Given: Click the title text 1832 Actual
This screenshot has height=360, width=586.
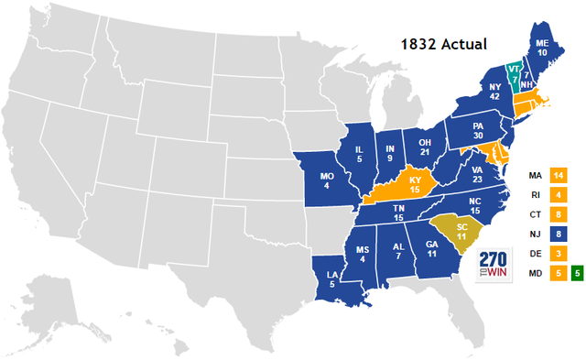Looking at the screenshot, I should [x=443, y=43].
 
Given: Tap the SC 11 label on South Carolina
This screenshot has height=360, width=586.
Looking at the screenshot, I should [x=463, y=231].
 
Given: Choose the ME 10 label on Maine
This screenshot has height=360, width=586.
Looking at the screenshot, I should [x=542, y=49].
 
